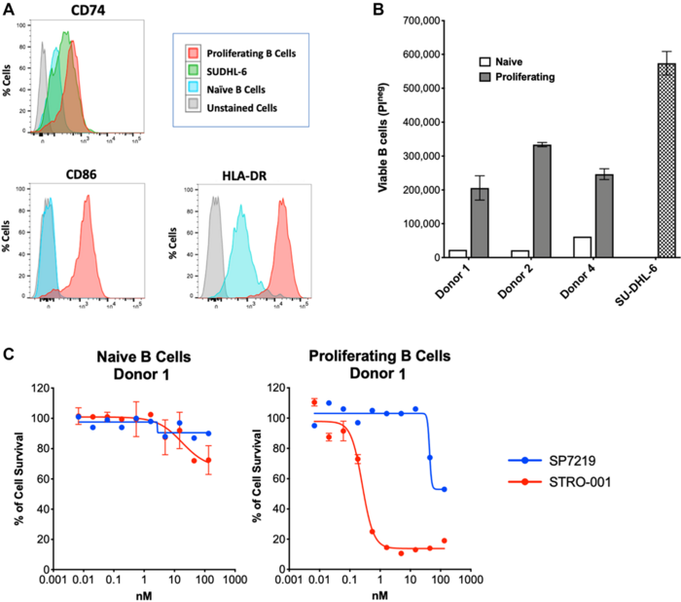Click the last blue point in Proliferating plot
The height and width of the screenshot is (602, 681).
tap(445, 489)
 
